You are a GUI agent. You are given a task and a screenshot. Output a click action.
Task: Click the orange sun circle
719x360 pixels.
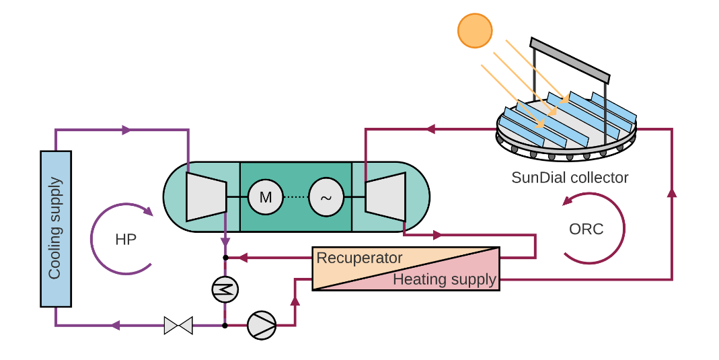[476, 30]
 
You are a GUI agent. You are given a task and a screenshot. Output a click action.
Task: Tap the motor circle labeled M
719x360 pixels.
[266, 197]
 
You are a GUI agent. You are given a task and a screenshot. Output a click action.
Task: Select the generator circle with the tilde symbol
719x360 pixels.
[326, 197]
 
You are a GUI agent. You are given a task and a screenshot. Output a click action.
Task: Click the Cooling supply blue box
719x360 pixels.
[55, 228]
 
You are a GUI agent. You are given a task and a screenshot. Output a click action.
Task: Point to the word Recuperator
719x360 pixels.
[359, 258]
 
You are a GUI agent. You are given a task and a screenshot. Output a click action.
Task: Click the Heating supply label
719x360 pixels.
[445, 279]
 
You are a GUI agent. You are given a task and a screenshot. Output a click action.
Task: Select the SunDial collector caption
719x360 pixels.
[570, 178]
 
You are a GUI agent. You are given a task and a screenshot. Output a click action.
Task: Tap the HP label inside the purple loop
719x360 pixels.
[126, 240]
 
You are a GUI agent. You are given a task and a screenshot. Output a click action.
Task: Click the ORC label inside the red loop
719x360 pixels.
[586, 229]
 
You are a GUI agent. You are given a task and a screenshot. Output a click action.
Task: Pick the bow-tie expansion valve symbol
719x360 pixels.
[178, 326]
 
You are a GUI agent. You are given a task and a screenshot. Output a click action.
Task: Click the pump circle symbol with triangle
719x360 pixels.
[262, 325]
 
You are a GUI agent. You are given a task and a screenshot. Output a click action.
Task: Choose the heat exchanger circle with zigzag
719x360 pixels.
[225, 289]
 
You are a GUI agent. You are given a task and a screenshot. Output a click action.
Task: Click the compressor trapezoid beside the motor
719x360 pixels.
[206, 196]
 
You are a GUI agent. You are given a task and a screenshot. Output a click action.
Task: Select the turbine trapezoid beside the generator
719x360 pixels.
[385, 196]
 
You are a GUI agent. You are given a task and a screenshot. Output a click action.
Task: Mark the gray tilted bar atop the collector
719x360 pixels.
[570, 59]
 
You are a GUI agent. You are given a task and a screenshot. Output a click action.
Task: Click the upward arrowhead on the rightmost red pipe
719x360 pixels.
[671, 193]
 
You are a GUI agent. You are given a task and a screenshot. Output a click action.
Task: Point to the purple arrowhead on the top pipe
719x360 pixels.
[126, 130]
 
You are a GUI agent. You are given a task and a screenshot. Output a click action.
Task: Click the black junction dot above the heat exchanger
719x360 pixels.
[225, 257]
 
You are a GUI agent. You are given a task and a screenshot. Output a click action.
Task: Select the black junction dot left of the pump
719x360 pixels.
[225, 326]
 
